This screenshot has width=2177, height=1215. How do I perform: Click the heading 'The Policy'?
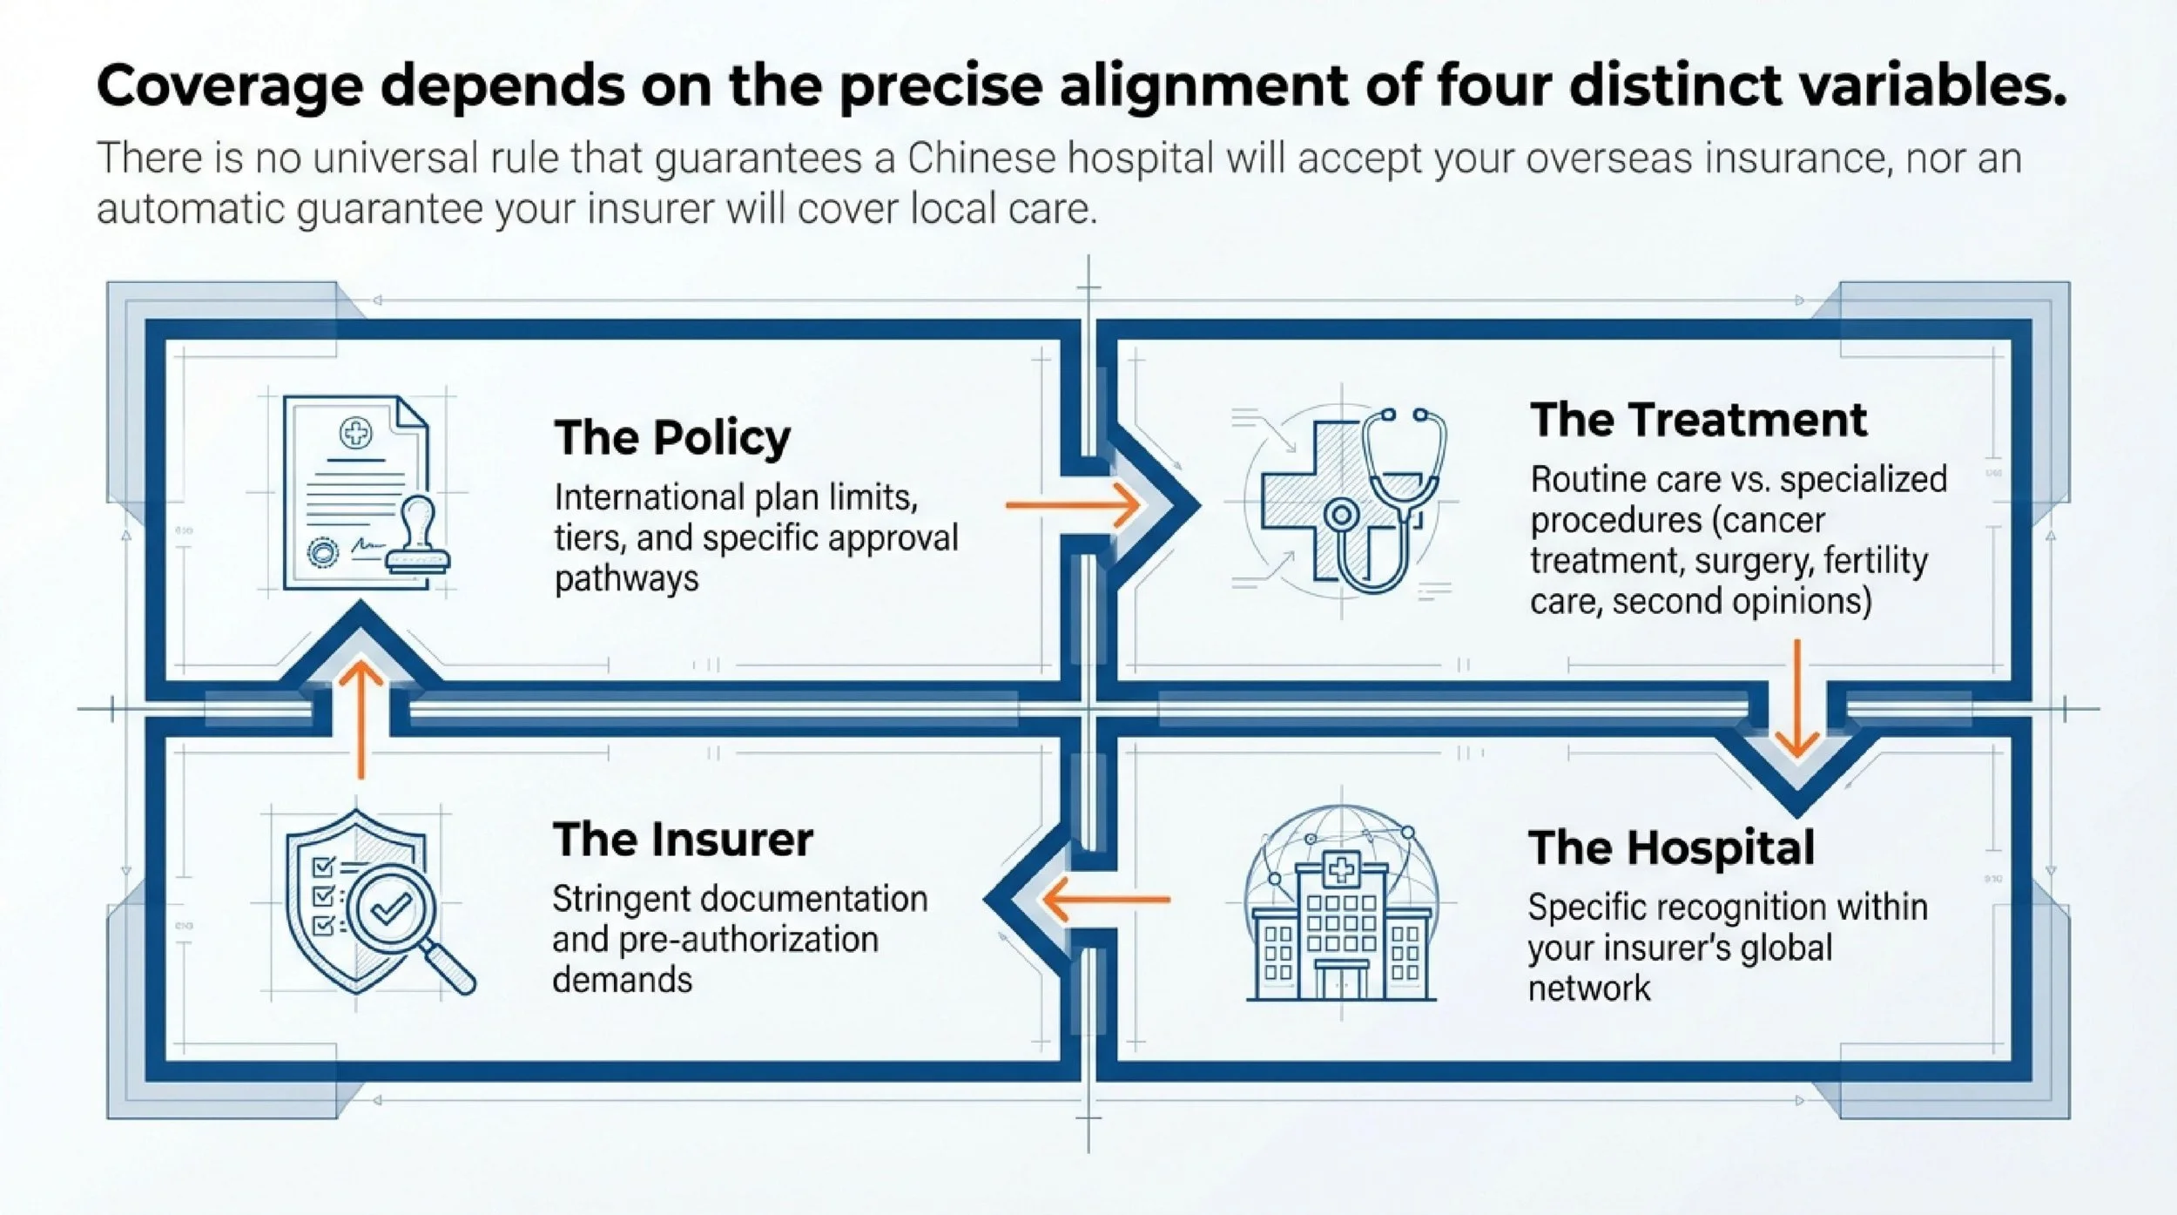pyautogui.click(x=672, y=437)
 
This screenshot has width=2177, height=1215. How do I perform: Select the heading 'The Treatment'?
pyautogui.click(x=1698, y=420)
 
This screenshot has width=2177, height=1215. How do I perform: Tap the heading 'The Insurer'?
pyautogui.click(x=683, y=840)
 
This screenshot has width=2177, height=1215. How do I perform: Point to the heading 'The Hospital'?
pyautogui.click(x=1671, y=847)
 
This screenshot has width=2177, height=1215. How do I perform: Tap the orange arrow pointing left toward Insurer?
pyautogui.click(x=1106, y=899)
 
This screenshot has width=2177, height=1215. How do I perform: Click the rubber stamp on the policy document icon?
pyautogui.click(x=419, y=536)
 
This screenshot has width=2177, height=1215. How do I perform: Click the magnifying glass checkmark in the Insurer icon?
pyautogui.click(x=392, y=909)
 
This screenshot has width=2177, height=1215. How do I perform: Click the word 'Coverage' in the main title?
pyautogui.click(x=229, y=86)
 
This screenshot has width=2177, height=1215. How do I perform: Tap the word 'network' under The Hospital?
pyautogui.click(x=1588, y=989)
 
